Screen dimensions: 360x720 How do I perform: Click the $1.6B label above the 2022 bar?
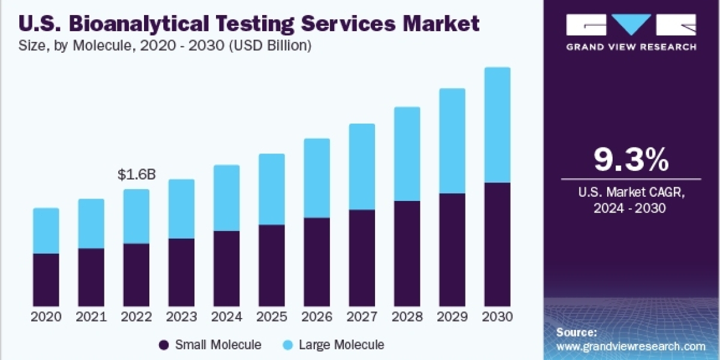(136, 175)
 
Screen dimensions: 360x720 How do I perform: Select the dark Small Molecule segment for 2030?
(497, 244)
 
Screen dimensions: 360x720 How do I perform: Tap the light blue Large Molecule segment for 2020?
(46, 231)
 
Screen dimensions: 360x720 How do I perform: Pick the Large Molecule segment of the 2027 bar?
(362, 167)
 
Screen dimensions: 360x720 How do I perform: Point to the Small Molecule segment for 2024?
(227, 268)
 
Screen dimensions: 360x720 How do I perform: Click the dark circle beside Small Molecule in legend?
(164, 345)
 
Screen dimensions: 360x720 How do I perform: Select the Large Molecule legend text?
(341, 345)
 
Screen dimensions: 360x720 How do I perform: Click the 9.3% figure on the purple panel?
(631, 160)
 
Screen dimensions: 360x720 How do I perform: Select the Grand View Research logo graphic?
(631, 25)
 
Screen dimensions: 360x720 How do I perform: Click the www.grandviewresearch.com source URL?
(631, 346)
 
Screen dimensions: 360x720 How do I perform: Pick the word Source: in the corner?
(577, 332)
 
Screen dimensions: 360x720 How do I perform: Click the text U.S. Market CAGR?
(631, 193)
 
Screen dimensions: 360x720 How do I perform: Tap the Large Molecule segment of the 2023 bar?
(181, 209)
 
